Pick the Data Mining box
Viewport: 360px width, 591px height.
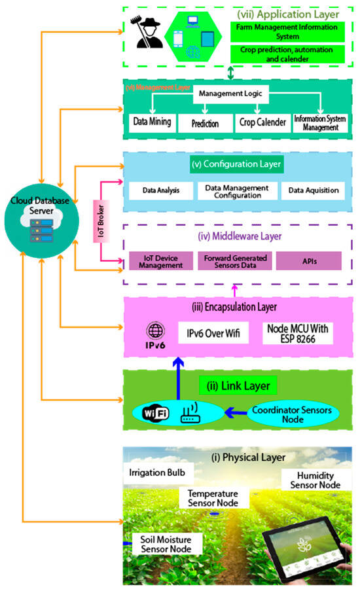(152, 122)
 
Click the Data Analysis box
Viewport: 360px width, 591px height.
(160, 190)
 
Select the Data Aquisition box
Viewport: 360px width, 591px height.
(312, 190)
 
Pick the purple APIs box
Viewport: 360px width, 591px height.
(308, 260)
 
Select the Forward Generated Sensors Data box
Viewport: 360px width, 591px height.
(232, 260)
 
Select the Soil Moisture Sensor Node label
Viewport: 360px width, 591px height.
(166, 545)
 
